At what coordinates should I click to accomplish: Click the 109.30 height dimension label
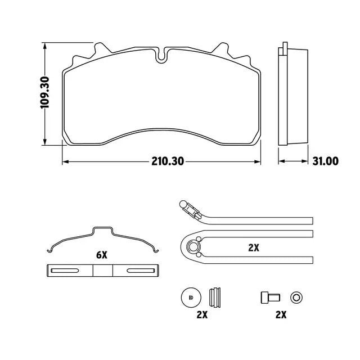pos(45,92)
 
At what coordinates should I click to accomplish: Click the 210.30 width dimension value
pos(168,161)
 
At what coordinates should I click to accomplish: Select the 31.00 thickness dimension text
pos(325,161)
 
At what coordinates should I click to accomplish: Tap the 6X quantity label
pos(101,255)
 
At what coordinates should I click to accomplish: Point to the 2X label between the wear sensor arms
pos(254,247)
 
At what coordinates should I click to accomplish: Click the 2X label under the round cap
pos(202,314)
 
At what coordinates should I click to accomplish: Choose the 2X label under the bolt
pos(281,314)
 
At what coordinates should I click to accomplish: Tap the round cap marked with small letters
pos(191,298)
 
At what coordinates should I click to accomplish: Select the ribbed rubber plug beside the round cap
pos(215,298)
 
